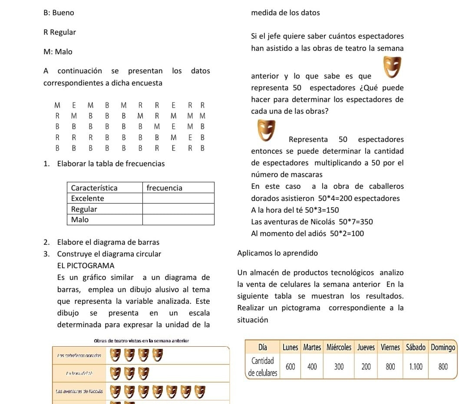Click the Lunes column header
[x=291, y=347]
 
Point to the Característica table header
[x=94, y=188]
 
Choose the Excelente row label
[x=88, y=198]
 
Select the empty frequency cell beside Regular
[x=178, y=209]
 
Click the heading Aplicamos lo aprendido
[x=277, y=253]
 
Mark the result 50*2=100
[x=347, y=233]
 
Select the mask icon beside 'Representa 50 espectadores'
[x=266, y=131]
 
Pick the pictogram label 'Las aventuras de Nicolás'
[x=78, y=391]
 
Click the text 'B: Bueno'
[x=59, y=13]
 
